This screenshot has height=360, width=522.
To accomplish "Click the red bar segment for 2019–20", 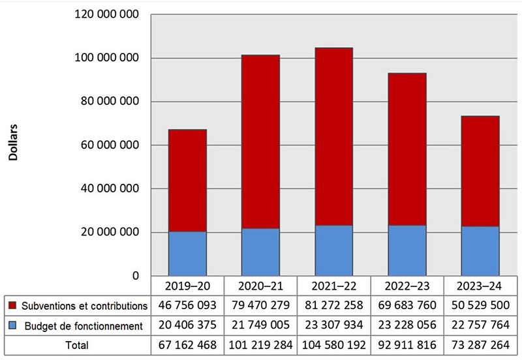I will pyautogui.click(x=187, y=181).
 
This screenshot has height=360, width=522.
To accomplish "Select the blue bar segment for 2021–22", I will pyautogui.click(x=333, y=250).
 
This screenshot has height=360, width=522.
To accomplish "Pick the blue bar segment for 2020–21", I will pyautogui.click(x=260, y=252).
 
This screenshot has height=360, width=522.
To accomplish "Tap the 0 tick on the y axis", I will pyautogui.click(x=135, y=276).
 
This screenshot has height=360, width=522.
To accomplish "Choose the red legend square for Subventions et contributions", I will pyautogui.click(x=13, y=305).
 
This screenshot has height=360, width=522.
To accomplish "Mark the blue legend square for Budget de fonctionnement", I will pyautogui.click(x=13, y=325).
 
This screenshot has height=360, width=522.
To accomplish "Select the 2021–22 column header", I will pyautogui.click(x=333, y=286).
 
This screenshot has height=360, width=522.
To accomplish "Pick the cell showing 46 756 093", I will pyautogui.click(x=187, y=305).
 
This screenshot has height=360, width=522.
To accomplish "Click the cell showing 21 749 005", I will pyautogui.click(x=260, y=325).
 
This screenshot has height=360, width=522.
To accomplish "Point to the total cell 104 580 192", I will pyautogui.click(x=333, y=344).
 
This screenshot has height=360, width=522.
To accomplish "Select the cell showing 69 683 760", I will pyautogui.click(x=407, y=305).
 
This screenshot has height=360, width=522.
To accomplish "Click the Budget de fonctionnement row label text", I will pyautogui.click(x=84, y=325).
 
